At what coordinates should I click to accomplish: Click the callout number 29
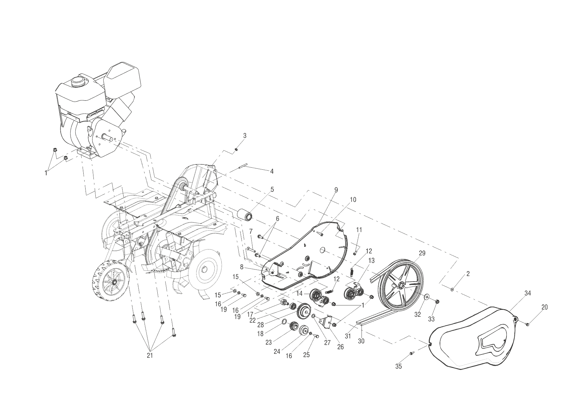point(422,253)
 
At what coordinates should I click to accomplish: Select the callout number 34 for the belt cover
point(527,293)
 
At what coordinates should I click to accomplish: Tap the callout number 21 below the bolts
point(150,355)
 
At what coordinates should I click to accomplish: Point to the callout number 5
point(272,190)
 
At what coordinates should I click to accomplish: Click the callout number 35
point(398,366)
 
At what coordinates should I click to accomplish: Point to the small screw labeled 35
point(411,353)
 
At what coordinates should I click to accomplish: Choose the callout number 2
point(468,274)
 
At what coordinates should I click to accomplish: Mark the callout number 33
point(431,319)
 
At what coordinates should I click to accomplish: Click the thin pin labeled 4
point(244,168)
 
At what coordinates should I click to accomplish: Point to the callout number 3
point(245,136)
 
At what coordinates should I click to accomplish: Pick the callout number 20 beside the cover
point(545,308)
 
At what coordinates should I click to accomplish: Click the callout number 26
point(340,347)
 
